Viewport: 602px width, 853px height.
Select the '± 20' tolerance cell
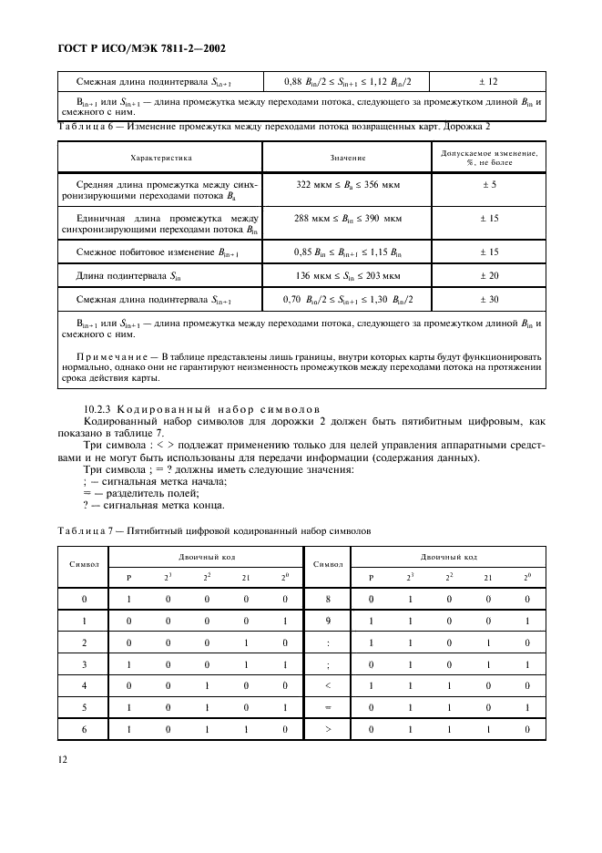[x=489, y=275]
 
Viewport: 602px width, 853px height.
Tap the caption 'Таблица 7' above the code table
[x=88, y=529]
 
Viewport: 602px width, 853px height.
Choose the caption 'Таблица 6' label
[x=87, y=125]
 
